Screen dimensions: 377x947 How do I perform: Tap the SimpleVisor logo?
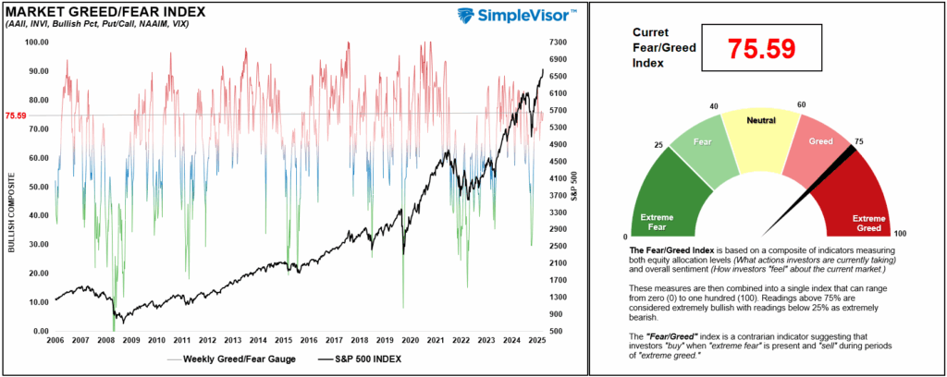519,16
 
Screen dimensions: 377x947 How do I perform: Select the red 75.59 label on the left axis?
17,116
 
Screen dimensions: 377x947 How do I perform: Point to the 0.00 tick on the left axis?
39,331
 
